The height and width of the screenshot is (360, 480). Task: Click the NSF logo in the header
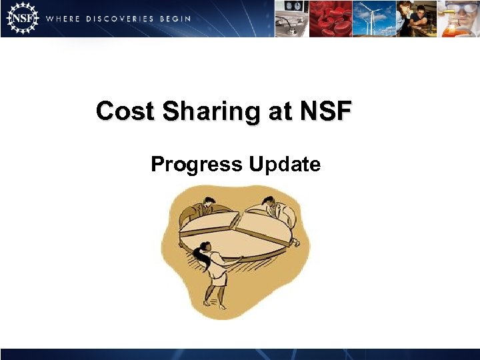(21, 18)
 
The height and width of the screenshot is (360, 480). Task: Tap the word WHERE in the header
(61, 19)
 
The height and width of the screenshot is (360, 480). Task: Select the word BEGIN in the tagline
(175, 19)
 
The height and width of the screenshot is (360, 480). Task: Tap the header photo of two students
(417, 18)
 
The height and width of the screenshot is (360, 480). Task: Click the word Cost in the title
(123, 111)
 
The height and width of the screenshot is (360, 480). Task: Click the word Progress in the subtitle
(197, 163)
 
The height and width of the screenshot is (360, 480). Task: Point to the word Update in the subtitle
(285, 163)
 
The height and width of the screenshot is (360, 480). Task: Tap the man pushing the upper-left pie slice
(198, 209)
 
